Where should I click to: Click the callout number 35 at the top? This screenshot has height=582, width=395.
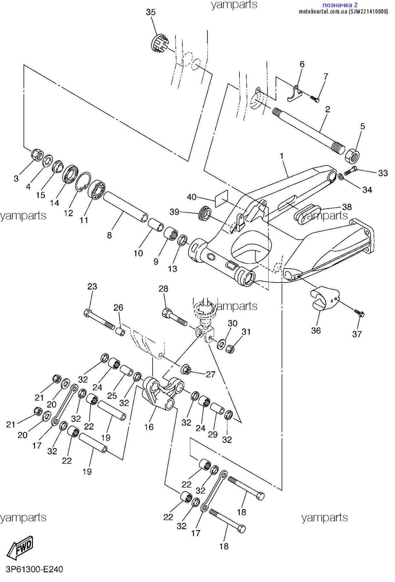[151, 12]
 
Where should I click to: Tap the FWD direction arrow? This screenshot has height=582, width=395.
[20, 547]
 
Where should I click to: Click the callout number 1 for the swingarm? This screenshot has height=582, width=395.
[281, 156]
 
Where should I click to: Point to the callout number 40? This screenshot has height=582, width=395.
[191, 197]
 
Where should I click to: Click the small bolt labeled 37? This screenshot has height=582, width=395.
[359, 313]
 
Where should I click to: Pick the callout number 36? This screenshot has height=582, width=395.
[316, 330]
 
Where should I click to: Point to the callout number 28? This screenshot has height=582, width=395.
[163, 289]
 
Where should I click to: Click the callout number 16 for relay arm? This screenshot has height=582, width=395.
[149, 427]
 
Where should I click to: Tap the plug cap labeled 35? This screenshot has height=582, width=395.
[159, 43]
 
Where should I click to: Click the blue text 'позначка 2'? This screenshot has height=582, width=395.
[340, 5]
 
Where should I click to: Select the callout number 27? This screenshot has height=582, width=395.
[210, 374]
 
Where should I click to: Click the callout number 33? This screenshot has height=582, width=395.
[383, 173]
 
